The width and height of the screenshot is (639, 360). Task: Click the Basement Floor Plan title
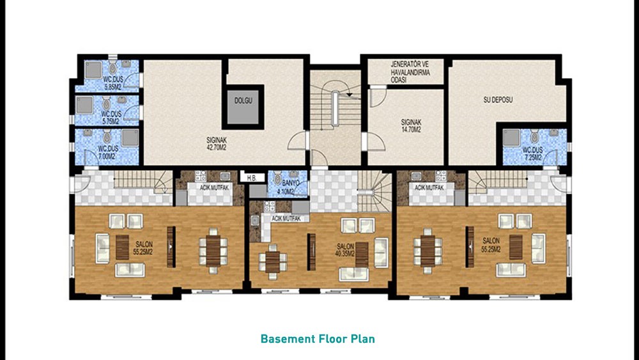click(318, 339)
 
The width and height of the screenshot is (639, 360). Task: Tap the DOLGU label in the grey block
click(243, 100)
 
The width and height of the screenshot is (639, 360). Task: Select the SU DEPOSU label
click(498, 100)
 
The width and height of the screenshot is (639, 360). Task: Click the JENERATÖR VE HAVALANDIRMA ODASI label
click(410, 72)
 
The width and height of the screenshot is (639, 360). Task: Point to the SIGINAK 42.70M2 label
click(217, 143)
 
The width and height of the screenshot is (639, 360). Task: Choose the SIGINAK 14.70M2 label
click(411, 125)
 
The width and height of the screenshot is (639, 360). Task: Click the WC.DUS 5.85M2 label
click(112, 82)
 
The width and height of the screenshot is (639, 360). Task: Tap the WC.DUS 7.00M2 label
click(107, 152)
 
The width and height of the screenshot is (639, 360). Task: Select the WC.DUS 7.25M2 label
click(533, 153)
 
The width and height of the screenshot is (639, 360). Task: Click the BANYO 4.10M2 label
click(291, 187)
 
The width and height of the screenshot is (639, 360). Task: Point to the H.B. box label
click(251, 178)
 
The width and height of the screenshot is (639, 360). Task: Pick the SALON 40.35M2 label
click(345, 250)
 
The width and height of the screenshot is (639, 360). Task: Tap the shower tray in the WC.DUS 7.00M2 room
click(130, 137)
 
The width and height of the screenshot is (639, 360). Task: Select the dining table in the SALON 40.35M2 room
click(273, 262)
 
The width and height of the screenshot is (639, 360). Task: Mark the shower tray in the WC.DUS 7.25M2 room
click(511, 138)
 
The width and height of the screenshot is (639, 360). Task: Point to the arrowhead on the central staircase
click(349, 95)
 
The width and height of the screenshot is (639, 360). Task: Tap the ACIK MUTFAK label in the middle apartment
click(286, 219)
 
